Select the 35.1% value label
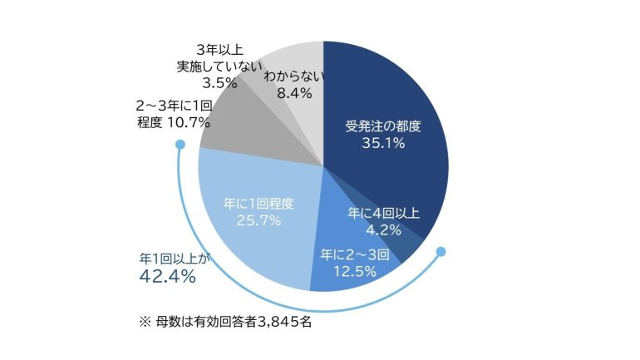click(383, 143)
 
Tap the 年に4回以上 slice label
click(384, 213)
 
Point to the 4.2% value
click(384, 230)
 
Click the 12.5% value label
click(355, 271)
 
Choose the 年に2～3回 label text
click(355, 254)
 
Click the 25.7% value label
click(258, 221)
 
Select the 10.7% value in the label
click(189, 122)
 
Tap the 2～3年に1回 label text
click(174, 106)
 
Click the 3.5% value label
click(219, 83)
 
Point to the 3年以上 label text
click(219, 50)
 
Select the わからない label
click(294, 76)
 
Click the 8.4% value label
click(294, 93)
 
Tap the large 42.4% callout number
click(167, 277)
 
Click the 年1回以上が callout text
click(174, 259)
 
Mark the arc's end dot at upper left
click(180, 145)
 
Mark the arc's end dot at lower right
click(441, 251)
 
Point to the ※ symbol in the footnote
click(145, 322)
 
